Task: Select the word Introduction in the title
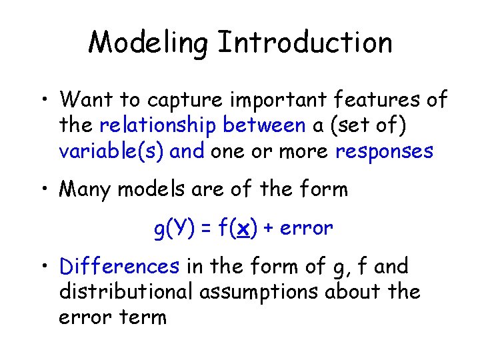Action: click(305, 43)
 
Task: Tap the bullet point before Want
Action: click(41, 100)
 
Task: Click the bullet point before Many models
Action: click(41, 190)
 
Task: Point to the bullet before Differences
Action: click(41, 267)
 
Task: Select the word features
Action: click(373, 100)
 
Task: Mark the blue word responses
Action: click(385, 151)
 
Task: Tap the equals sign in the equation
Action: click(203, 229)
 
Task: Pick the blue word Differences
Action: click(119, 267)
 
